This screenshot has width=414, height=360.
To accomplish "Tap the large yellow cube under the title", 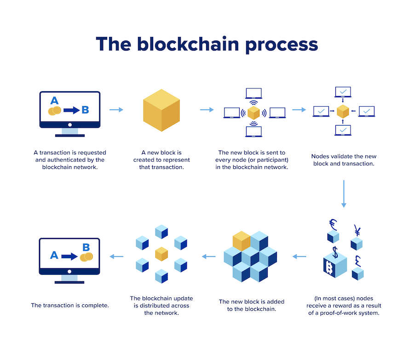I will [161, 110].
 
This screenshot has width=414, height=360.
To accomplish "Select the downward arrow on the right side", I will [344, 194].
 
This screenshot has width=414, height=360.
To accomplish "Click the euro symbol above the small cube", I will [333, 224].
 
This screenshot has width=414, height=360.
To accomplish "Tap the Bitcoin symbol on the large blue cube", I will [330, 268].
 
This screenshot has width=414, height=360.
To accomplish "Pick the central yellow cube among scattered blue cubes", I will [161, 254].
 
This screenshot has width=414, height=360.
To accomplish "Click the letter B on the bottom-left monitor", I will [86, 246].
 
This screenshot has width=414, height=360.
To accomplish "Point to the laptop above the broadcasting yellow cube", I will [253, 93].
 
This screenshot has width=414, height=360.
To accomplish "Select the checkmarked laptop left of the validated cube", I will [321, 111].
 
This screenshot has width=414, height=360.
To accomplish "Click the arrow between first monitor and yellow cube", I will [117, 110].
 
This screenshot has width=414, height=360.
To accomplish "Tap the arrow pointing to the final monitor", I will [116, 256].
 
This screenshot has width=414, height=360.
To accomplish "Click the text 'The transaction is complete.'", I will [70, 305].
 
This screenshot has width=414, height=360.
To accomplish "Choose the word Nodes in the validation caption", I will [321, 157].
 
